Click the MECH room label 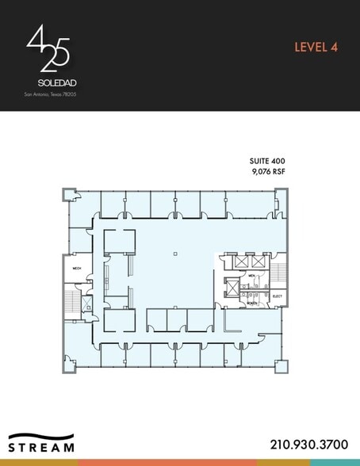point(78,269)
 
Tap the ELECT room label point(278,297)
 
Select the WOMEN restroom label point(251,303)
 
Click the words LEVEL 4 point(316,47)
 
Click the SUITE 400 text point(267,161)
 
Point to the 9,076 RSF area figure point(267,170)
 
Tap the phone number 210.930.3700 point(308,445)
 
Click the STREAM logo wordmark point(42,446)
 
